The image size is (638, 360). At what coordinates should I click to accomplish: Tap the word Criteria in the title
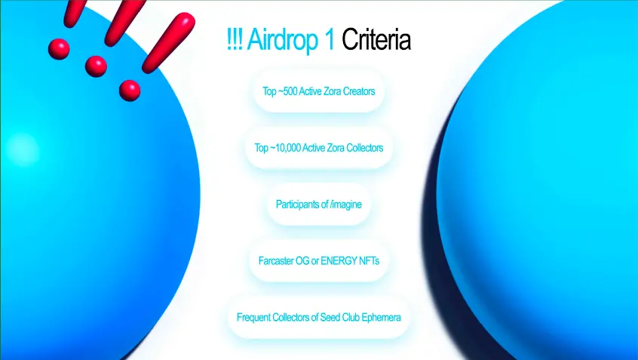click(x=376, y=39)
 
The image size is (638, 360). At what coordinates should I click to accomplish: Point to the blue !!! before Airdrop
click(x=235, y=39)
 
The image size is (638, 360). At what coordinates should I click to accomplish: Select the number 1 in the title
click(x=330, y=39)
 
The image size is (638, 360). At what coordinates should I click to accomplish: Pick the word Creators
click(x=359, y=91)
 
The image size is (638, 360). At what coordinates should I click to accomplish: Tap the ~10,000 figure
click(x=285, y=148)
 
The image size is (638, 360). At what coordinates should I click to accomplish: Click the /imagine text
click(x=346, y=205)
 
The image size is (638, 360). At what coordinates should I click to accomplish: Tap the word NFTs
click(x=370, y=260)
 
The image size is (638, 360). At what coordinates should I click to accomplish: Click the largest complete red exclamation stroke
click(x=168, y=42)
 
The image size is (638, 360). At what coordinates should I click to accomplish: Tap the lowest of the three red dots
click(x=130, y=91)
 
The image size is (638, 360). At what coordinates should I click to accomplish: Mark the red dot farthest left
click(x=59, y=49)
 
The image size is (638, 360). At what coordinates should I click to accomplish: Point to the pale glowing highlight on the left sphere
click(x=23, y=150)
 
